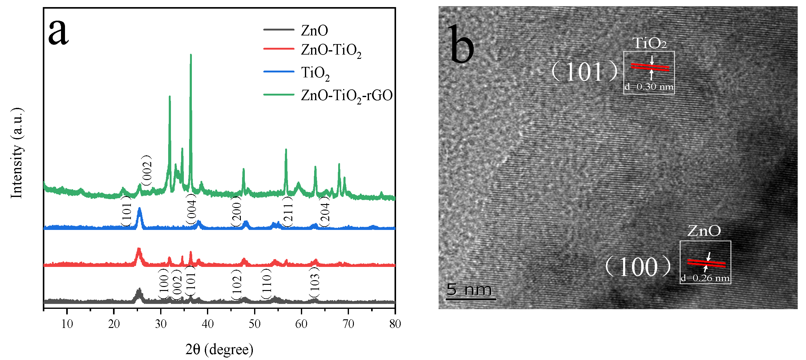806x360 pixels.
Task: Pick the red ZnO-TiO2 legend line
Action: (278, 49)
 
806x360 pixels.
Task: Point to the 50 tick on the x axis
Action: (255, 309)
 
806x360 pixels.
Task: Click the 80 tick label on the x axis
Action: (395, 324)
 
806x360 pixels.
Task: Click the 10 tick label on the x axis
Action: (67, 324)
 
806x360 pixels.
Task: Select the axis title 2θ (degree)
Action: (219, 349)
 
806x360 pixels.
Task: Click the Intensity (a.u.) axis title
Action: (17, 153)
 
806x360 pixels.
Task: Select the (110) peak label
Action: (266, 284)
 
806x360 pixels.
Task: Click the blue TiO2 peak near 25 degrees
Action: (140, 209)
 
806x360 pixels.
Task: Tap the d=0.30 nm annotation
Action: (649, 87)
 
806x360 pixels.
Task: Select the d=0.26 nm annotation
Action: (705, 278)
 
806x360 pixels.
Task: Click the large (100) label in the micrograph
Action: (638, 267)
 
